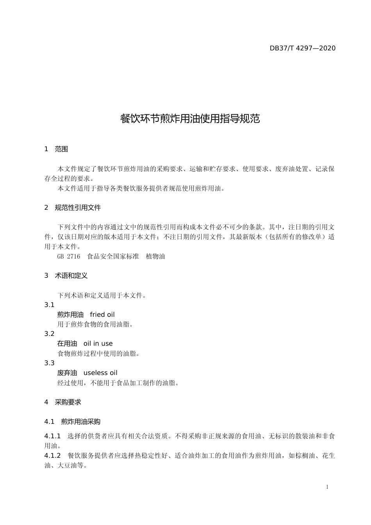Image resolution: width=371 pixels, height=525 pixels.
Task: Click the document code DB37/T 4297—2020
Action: click(302, 48)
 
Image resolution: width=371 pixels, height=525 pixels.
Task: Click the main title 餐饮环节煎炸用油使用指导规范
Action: click(190, 119)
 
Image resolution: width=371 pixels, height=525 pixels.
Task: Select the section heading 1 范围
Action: click(56, 149)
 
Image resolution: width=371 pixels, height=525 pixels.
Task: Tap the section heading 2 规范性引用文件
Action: click(73, 208)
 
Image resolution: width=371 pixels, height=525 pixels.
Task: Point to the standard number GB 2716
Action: click(68, 257)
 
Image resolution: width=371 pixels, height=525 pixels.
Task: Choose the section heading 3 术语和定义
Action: click(66, 276)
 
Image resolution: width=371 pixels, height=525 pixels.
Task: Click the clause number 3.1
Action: click(49, 305)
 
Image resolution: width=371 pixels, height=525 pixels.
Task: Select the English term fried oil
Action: click(102, 315)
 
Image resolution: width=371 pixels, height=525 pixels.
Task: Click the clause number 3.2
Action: click(49, 334)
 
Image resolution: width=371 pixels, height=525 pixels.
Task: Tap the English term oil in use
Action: click(98, 344)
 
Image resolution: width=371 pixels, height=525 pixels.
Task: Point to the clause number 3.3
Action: click(49, 363)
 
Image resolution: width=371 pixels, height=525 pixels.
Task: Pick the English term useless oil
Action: click(100, 373)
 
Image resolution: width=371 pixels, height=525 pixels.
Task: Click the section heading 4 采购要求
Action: click(63, 402)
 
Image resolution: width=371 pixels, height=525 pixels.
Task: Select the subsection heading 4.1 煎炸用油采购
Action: click(73, 422)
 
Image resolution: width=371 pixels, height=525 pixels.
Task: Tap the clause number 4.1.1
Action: click(52, 436)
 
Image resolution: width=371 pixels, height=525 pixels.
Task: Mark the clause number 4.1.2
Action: click(52, 456)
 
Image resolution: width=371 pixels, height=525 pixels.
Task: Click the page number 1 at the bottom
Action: click(327, 487)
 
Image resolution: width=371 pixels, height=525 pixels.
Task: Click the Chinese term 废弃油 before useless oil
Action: click(67, 373)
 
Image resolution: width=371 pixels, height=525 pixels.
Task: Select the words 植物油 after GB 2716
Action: click(155, 257)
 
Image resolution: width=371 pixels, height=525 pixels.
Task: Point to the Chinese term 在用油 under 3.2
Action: click(67, 344)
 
